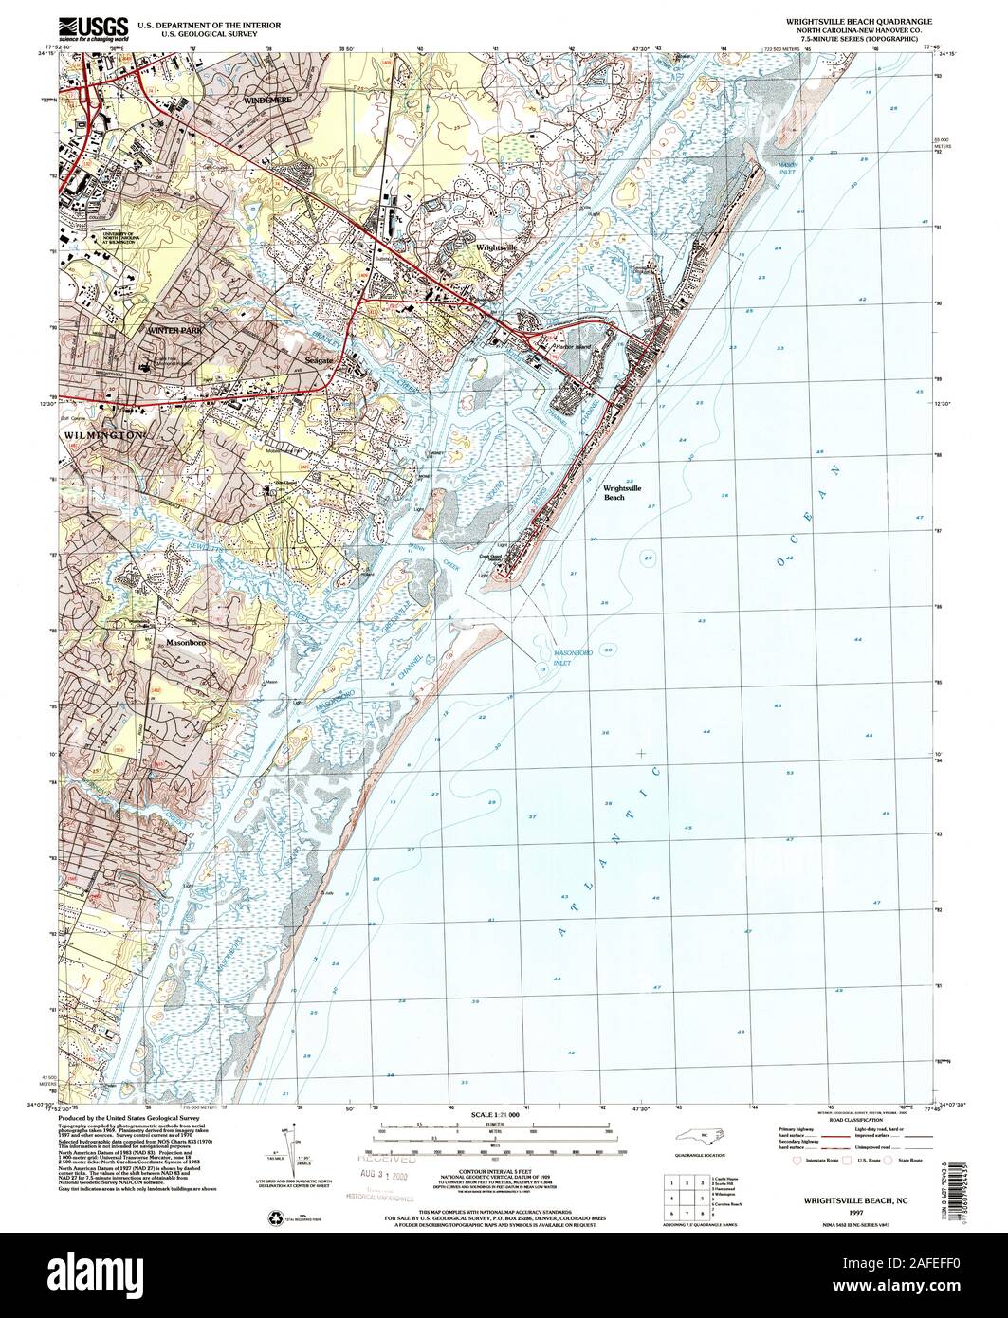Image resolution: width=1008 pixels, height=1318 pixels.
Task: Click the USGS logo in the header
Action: (x=92, y=26)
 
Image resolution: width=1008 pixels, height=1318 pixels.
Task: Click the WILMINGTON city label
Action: (x=102, y=434)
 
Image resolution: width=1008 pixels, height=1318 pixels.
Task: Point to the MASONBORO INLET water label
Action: (x=574, y=656)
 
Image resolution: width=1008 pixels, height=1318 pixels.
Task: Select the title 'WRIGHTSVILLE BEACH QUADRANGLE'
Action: (x=858, y=20)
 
